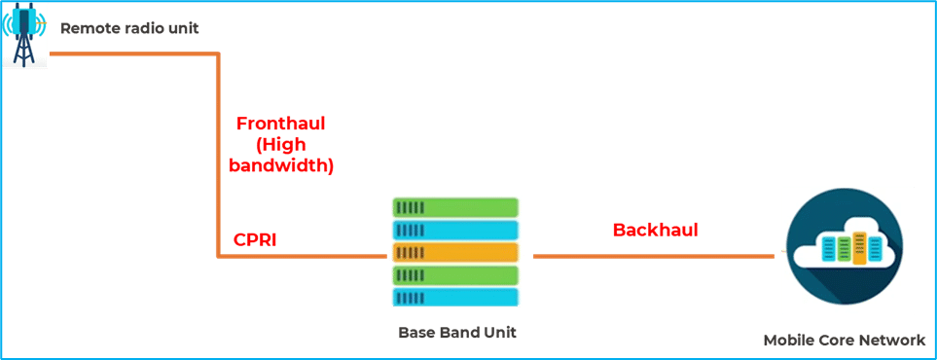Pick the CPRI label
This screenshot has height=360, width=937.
click(255, 239)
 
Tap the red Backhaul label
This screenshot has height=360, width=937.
click(656, 230)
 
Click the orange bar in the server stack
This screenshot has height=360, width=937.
click(454, 252)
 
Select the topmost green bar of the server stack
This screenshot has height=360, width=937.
click(454, 207)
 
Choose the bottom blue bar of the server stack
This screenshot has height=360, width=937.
click(454, 297)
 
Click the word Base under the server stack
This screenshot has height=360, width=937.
click(414, 333)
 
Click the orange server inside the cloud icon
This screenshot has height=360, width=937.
click(860, 248)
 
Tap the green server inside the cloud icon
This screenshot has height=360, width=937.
click(844, 249)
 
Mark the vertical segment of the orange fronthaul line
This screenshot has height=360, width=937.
click(219, 156)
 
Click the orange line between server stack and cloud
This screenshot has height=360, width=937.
click(654, 256)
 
